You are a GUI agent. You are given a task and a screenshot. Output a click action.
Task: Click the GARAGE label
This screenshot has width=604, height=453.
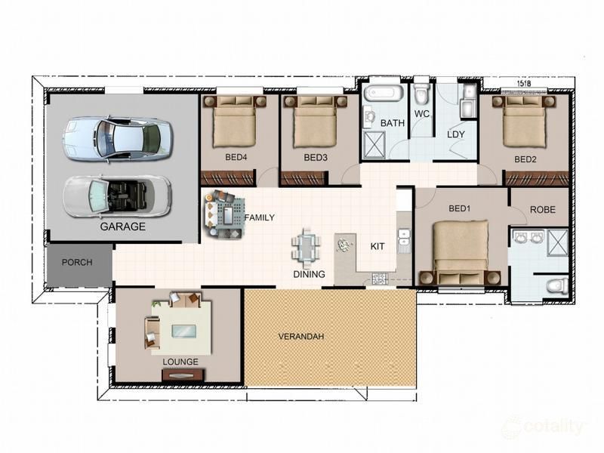(x=122, y=226)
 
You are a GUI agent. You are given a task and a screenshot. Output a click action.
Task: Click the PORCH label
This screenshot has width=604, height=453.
(x=77, y=263)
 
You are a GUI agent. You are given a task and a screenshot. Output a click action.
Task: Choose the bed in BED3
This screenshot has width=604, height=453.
(x=315, y=124)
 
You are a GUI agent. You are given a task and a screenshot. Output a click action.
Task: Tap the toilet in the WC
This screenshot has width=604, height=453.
(x=421, y=94)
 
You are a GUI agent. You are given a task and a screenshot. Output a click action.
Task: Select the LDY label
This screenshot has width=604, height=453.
(x=456, y=134)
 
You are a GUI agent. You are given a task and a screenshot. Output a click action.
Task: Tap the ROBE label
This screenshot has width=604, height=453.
(x=543, y=210)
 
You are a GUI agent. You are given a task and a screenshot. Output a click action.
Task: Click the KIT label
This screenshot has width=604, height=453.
(x=377, y=246)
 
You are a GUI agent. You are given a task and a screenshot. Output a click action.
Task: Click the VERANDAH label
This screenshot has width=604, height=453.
(x=301, y=336)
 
